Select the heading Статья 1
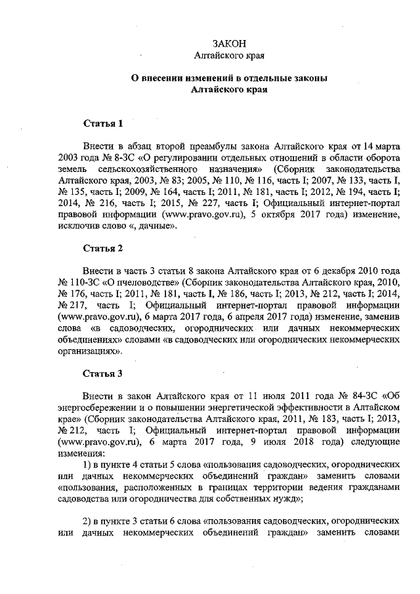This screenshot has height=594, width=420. tap(102, 123)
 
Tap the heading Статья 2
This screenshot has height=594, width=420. tap(102, 248)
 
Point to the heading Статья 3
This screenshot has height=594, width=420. tap(102, 374)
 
